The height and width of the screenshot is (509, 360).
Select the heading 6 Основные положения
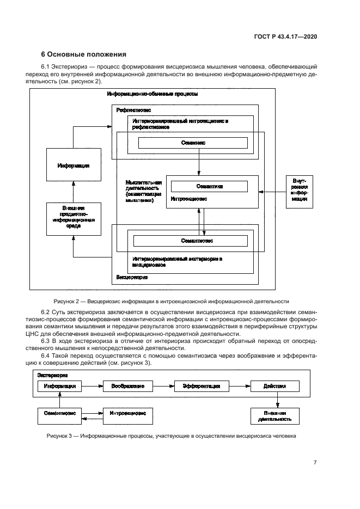[84, 54]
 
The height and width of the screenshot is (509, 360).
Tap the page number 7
[315, 463]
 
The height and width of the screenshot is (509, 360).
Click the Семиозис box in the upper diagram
[193, 143]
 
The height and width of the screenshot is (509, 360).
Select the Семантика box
[206, 186]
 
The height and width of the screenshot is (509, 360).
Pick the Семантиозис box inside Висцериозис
[190, 240]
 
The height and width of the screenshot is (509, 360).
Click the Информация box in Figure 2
[74, 165]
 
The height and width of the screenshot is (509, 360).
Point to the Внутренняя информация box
[299, 192]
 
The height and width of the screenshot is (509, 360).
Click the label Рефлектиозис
[133, 110]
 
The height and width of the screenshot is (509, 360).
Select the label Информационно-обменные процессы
[152, 94]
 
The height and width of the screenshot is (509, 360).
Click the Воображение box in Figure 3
[128, 385]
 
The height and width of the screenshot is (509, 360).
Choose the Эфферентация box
[197, 385]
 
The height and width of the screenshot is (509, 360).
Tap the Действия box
[274, 385]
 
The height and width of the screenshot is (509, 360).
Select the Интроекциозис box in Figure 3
[128, 414]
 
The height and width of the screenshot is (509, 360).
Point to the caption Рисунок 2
[171, 301]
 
